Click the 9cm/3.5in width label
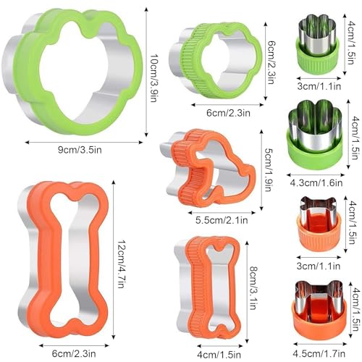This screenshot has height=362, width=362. (80, 150)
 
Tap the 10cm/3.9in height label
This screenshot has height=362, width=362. (153, 78)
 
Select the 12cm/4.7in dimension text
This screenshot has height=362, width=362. (121, 264)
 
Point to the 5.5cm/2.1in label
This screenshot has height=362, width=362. (222, 220)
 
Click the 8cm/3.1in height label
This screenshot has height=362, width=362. (253, 287)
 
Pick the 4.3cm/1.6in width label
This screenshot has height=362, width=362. (316, 183)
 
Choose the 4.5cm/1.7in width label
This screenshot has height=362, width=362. (319, 354)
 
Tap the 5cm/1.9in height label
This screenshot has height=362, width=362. (269, 169)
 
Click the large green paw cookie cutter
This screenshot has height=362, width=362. (72, 70)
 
